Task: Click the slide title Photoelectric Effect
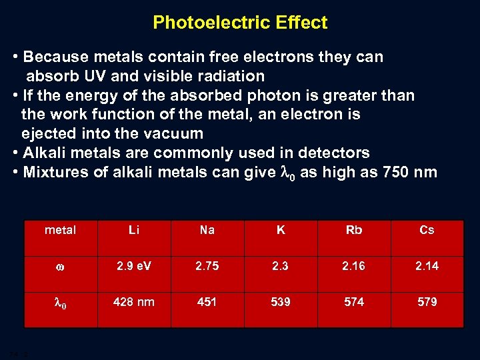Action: pos(240,23)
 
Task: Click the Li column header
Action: pos(134,230)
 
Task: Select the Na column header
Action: pos(207,230)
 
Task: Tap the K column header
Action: pos(281,230)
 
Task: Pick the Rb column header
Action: pos(354,230)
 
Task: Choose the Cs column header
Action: pos(427,230)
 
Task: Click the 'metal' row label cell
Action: pos(61,230)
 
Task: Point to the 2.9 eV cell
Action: pos(134,266)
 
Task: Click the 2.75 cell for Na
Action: pos(207,266)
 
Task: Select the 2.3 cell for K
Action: pos(281,266)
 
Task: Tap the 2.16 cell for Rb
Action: pos(354,266)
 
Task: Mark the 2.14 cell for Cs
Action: pos(427,266)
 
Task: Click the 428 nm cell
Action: pos(134,302)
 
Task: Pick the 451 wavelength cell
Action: pos(207,302)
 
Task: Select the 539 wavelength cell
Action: pos(281,302)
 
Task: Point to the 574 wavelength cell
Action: pos(354,302)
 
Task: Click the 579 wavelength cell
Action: pos(427,302)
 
